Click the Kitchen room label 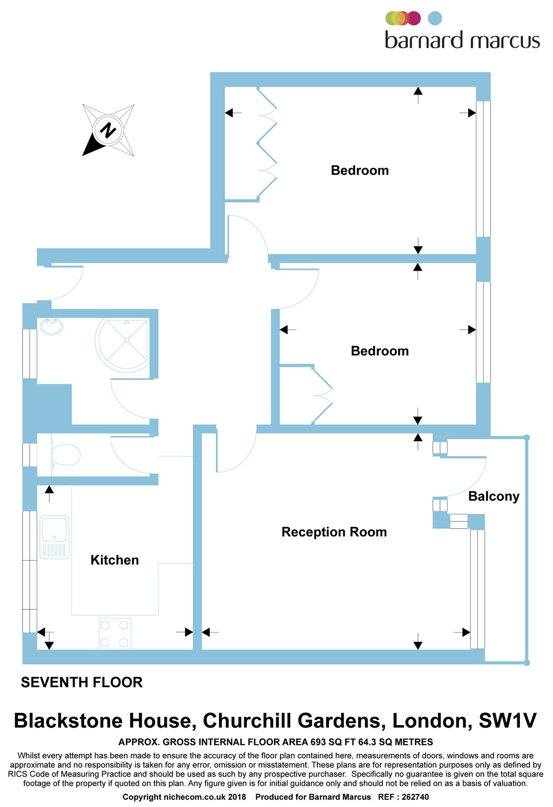(114, 560)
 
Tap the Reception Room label (334, 532)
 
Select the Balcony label (494, 496)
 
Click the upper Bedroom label (360, 170)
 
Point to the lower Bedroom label (380, 351)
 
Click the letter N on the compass (108, 130)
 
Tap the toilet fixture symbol (65, 454)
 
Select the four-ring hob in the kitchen (114, 634)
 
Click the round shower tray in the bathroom (126, 341)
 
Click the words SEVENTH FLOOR (81, 682)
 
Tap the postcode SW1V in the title (507, 721)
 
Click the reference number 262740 (415, 797)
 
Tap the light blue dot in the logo (435, 18)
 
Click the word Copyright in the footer (142, 797)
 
